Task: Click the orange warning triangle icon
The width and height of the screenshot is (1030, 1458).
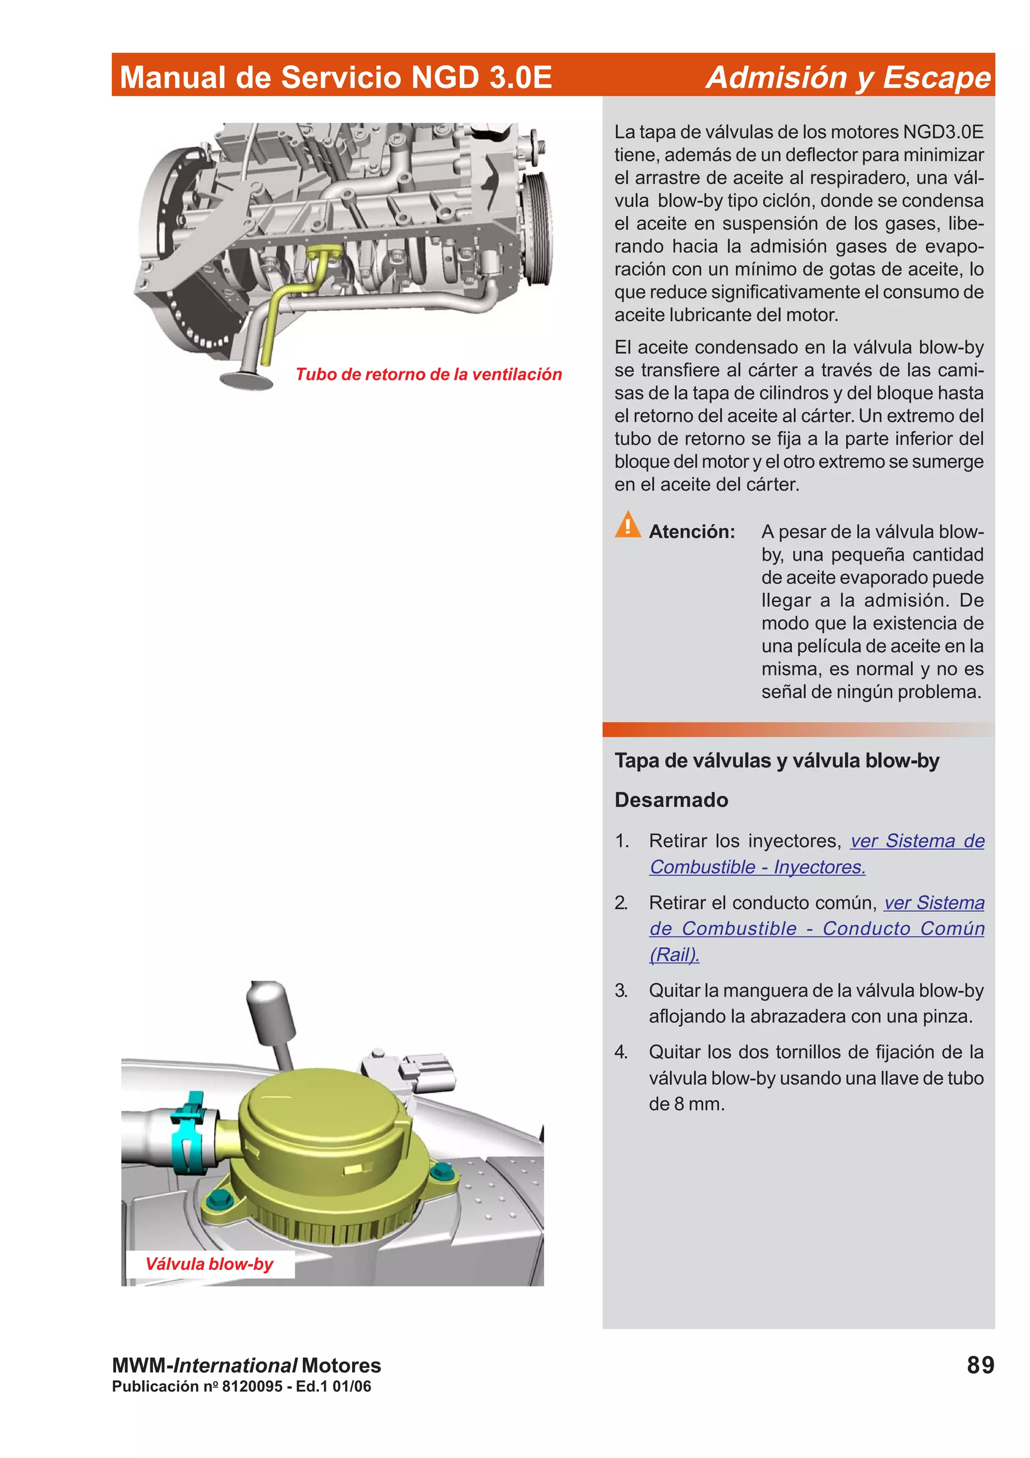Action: click(627, 525)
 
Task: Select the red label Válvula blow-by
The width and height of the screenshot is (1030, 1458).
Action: click(209, 1264)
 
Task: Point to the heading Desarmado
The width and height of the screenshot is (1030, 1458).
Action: click(671, 799)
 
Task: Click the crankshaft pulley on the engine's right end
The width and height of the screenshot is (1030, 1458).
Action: click(538, 228)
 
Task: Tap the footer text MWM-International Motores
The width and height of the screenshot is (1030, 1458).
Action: click(246, 1365)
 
